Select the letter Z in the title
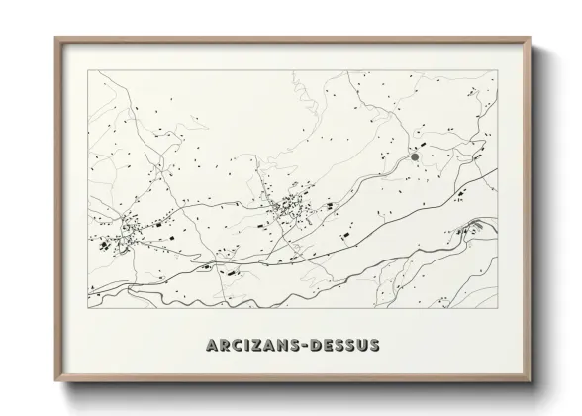tap(247, 348)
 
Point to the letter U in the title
tap(353, 348)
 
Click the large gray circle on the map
tap(415, 156)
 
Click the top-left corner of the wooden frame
tap(55, 38)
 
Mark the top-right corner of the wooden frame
tap(531, 38)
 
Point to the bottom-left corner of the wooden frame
tap(55, 382)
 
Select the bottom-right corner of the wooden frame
tap(531, 382)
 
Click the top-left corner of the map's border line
tap(88, 70)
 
